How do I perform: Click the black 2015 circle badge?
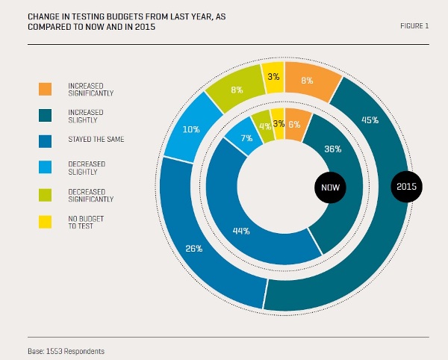click(407, 185)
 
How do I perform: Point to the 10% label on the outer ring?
click(192, 129)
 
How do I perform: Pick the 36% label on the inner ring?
click(332, 149)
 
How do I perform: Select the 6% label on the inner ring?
click(293, 125)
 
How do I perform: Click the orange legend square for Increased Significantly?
click(46, 90)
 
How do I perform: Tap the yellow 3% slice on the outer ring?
click(272, 77)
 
